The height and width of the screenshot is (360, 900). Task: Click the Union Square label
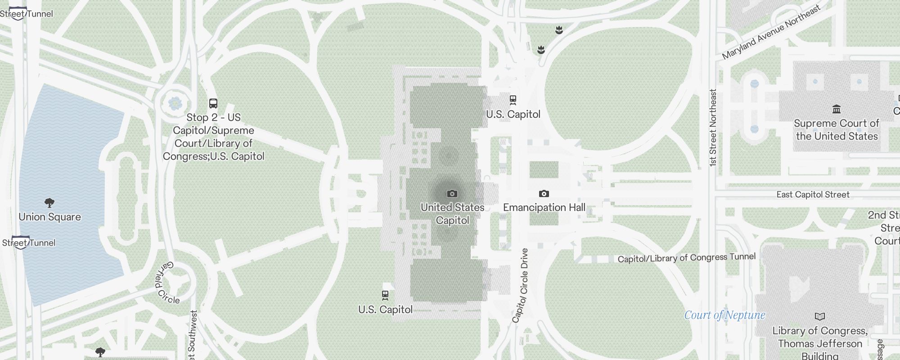pos(50,217)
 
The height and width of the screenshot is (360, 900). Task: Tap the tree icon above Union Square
pos(49,202)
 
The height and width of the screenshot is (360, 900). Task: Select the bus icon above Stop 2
pos(213,103)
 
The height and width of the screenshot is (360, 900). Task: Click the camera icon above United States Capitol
pos(452,193)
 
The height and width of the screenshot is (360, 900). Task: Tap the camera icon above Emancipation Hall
pos(544,193)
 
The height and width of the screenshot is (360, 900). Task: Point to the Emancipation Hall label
pos(544,207)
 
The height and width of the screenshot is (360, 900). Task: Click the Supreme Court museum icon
pos(837,109)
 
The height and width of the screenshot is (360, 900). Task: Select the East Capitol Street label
pos(813,194)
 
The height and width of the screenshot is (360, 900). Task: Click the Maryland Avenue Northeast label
pos(771,33)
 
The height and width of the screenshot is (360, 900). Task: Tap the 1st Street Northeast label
pos(712,128)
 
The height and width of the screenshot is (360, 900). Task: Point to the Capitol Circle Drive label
pos(521,285)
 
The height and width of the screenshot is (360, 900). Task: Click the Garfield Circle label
pos(166,283)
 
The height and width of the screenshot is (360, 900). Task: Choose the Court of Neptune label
pos(724,315)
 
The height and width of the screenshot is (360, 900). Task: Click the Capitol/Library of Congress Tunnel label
pos(686,258)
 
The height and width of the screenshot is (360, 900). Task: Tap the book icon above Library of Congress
pos(820,316)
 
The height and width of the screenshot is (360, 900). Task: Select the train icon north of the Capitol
pos(513,100)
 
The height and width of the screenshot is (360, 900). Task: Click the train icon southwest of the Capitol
pos(385,295)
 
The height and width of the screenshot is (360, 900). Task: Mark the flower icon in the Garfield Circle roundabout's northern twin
pos(175,103)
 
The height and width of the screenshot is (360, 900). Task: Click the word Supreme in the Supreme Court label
pos(815,123)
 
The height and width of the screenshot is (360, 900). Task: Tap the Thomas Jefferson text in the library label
pos(820,344)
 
